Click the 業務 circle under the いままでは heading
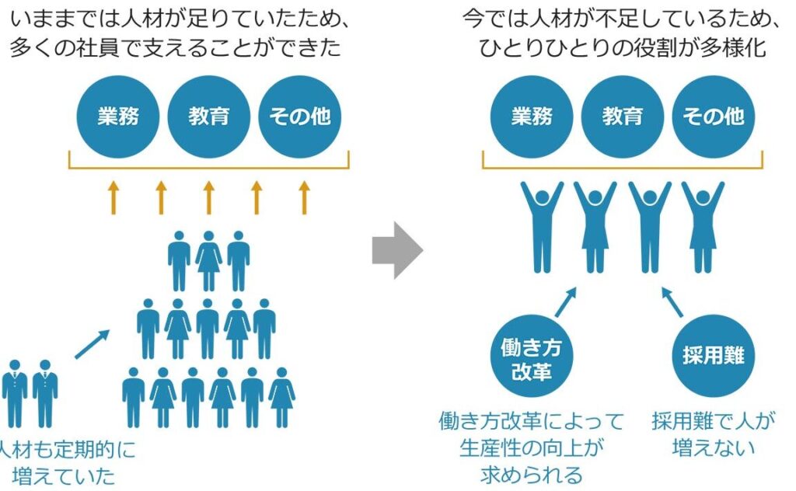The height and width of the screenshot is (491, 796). (x=117, y=117)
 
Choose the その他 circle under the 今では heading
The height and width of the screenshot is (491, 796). (x=713, y=117)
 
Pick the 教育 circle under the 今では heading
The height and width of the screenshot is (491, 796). (x=623, y=117)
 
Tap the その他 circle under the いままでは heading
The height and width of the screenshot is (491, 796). (x=299, y=117)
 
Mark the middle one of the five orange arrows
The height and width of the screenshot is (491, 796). (x=208, y=197)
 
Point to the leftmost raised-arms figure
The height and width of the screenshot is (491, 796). (x=542, y=225)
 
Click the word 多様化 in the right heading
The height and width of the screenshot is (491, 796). (x=735, y=48)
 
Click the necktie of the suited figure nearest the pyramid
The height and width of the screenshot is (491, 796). (x=45, y=384)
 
